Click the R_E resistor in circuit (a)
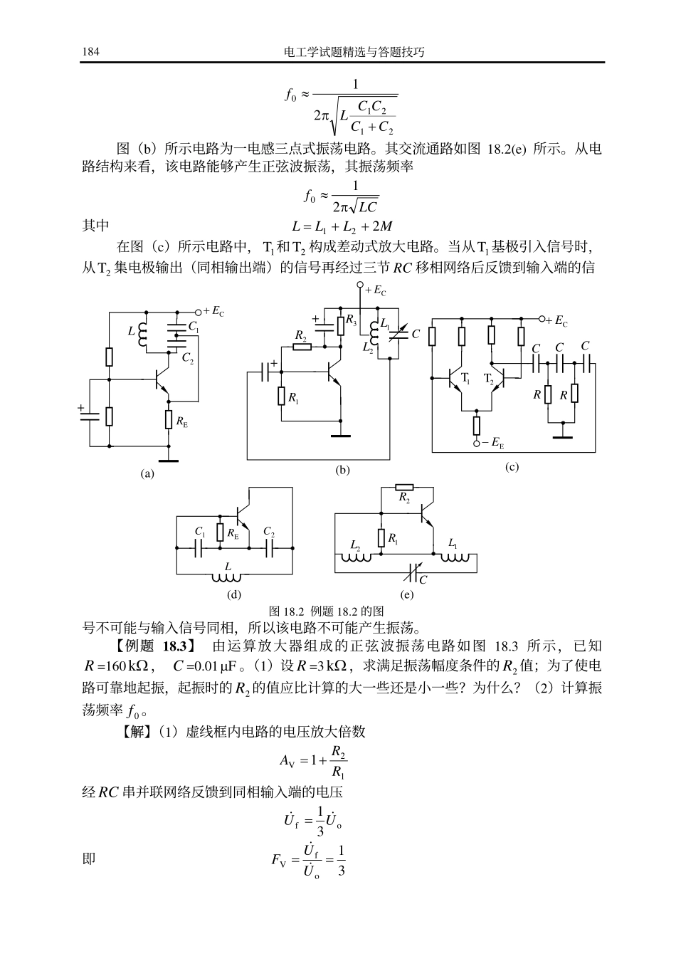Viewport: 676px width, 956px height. click(x=169, y=420)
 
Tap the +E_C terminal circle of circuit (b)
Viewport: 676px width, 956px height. click(x=360, y=285)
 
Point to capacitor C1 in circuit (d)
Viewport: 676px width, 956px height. click(x=200, y=548)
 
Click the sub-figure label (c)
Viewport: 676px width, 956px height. click(x=511, y=467)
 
